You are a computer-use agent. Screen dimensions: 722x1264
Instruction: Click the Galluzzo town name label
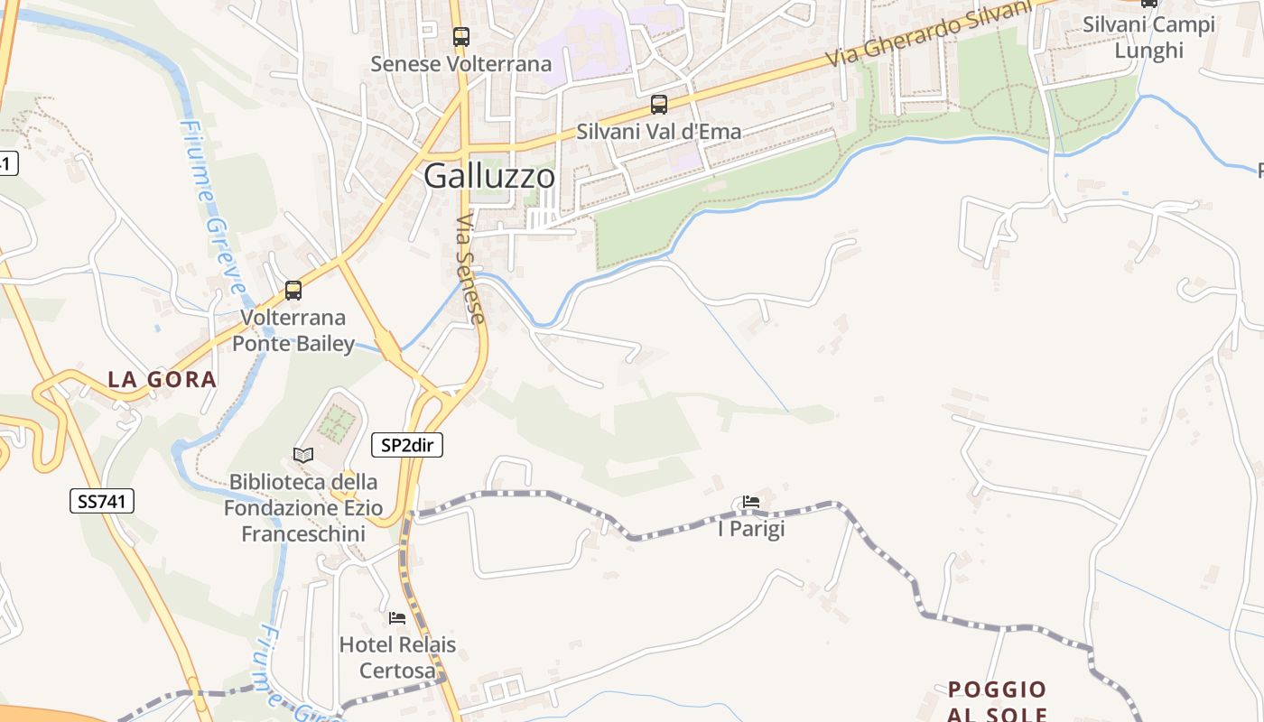(x=489, y=176)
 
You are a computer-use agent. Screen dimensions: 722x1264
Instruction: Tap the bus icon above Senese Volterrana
(x=461, y=37)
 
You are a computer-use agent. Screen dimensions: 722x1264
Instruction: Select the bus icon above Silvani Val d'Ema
(x=659, y=105)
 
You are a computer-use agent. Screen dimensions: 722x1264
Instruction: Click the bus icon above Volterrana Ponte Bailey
(x=293, y=291)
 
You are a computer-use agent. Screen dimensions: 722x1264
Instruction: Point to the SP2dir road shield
(x=407, y=445)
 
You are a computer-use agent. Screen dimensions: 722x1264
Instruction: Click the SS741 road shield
(x=102, y=502)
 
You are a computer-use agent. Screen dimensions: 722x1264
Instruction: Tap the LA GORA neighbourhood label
(x=163, y=380)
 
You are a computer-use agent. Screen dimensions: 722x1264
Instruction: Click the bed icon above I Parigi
(x=751, y=502)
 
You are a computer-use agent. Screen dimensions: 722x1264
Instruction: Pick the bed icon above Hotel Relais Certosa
(x=397, y=618)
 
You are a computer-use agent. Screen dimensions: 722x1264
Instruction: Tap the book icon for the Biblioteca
(x=303, y=455)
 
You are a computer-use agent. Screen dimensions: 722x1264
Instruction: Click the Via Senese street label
(x=470, y=269)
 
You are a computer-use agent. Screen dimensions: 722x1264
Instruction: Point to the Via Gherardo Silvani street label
(x=929, y=32)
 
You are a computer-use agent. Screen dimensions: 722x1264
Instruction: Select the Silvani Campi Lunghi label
(x=1148, y=37)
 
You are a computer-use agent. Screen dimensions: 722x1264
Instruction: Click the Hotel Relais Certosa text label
(x=397, y=658)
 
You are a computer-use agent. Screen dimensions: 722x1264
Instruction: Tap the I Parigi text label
(x=751, y=529)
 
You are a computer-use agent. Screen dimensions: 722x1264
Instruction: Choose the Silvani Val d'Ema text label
(x=659, y=132)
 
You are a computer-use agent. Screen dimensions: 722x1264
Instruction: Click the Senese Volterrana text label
(x=461, y=64)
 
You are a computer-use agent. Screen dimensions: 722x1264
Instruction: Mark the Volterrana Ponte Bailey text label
(x=293, y=330)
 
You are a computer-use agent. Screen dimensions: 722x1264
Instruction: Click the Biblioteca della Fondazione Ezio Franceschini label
(x=303, y=508)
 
